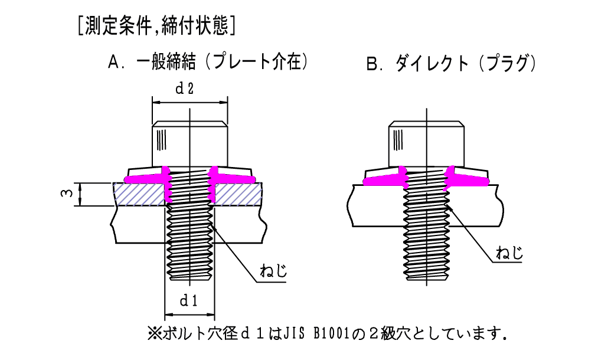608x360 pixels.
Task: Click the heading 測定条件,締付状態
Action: pos(157,27)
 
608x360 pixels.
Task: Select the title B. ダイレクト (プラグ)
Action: pos(451,64)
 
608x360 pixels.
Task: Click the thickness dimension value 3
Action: pos(68,194)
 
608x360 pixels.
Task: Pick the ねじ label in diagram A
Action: pos(273,271)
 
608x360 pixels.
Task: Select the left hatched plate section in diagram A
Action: pos(139,194)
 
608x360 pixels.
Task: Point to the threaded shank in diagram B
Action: pos(425,236)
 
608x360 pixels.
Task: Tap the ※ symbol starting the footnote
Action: pos(154,333)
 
